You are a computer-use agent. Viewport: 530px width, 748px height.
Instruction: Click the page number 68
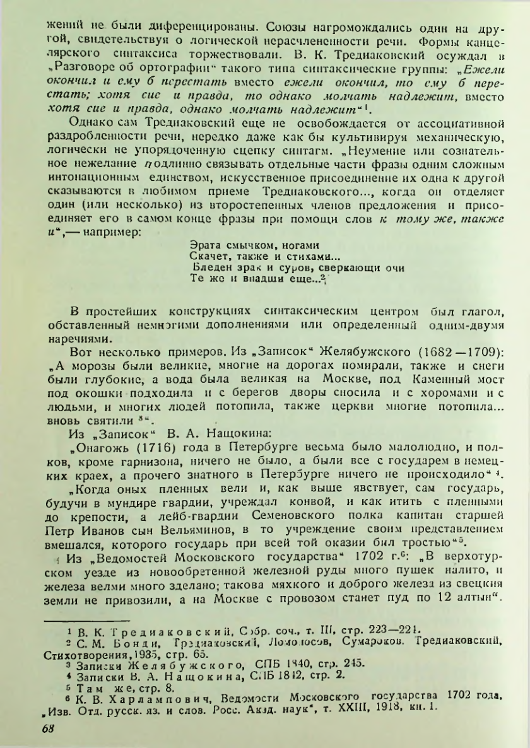(48, 728)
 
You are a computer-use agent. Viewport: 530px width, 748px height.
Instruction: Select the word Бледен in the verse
(208, 267)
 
